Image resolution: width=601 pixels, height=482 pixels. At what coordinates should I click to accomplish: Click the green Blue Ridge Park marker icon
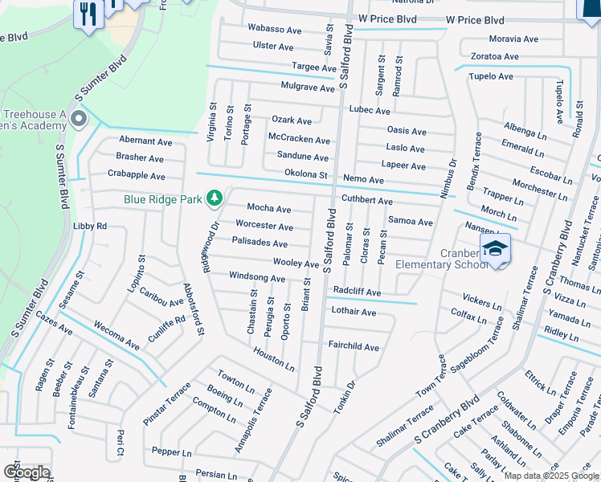tap(215, 198)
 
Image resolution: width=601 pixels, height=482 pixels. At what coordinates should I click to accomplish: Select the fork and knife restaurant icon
tap(87, 13)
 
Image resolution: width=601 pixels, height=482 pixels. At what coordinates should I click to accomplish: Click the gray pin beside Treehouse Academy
tap(79, 120)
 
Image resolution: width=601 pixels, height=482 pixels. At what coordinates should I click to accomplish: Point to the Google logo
tap(27, 472)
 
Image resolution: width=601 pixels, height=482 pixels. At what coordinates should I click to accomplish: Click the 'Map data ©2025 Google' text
tap(551, 476)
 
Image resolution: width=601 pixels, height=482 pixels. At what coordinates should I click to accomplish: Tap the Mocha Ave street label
tap(268, 208)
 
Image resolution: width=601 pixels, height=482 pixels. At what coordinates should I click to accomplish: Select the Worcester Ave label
tap(264, 227)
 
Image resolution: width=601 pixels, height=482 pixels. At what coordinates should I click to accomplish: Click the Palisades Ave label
tap(259, 243)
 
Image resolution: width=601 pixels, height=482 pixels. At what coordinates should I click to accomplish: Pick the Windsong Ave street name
tap(257, 278)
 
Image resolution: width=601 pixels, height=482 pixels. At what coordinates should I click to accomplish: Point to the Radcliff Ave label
tap(356, 292)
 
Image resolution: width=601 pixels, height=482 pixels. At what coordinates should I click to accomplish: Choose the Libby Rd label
tap(90, 227)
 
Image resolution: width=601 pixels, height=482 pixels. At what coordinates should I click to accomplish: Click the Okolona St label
tap(306, 174)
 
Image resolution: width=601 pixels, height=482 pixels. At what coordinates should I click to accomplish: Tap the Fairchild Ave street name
tap(354, 347)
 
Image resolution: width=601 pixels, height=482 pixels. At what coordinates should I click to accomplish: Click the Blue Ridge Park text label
tap(164, 198)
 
